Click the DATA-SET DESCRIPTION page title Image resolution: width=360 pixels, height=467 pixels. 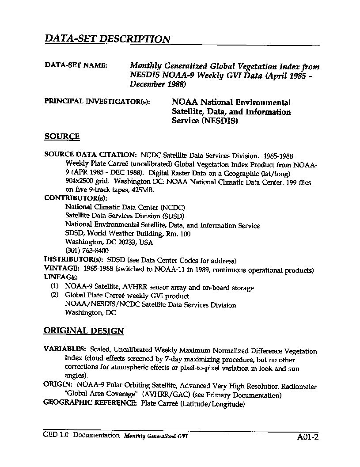pos(107,39)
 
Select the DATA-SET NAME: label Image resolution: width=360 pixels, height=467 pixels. pos(76,65)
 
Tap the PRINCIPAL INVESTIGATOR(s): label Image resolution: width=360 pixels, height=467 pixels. pos(97,101)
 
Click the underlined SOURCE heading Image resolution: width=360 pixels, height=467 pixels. pos(62,137)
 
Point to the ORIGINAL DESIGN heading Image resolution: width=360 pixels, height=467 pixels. pos(84,331)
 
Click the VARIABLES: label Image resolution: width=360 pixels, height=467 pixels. pos(64,349)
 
